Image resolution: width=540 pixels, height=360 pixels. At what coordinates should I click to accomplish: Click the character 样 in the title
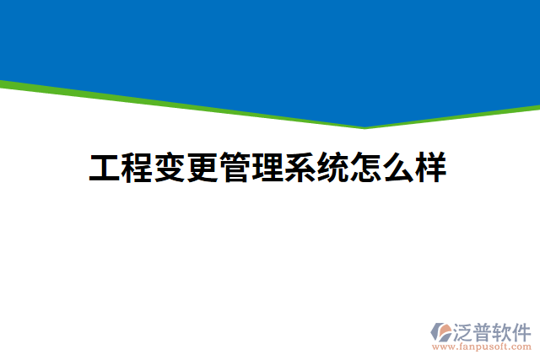point(429,168)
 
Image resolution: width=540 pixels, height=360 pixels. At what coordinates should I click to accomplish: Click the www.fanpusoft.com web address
point(483,347)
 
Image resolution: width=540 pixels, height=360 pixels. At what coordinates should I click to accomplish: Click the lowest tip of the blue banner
point(365,126)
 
